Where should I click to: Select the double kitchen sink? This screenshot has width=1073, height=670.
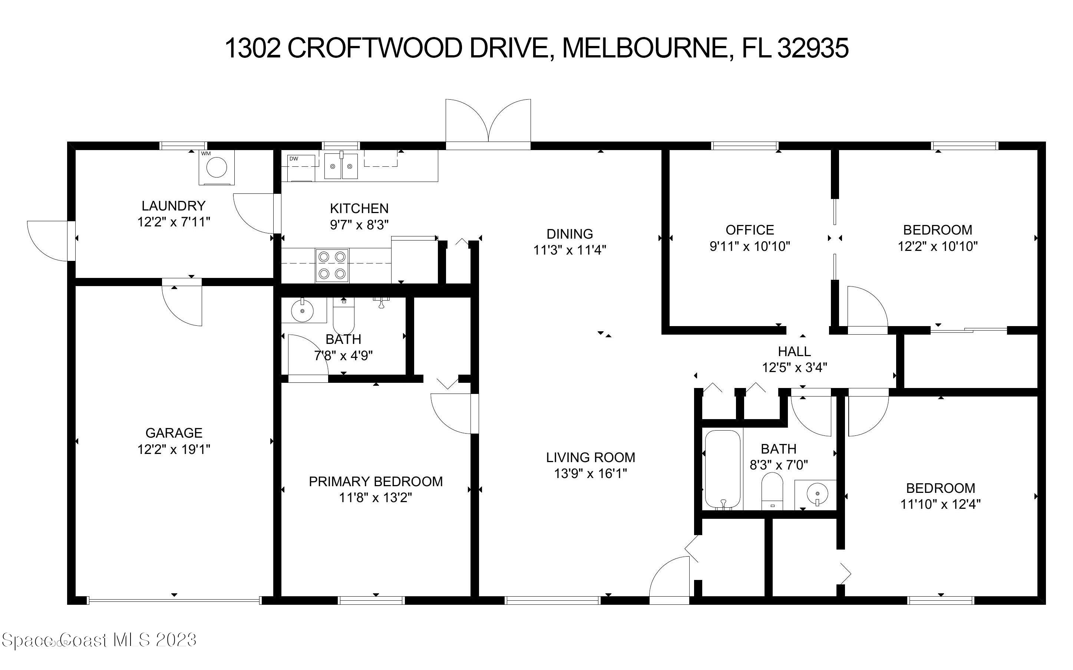tap(341, 166)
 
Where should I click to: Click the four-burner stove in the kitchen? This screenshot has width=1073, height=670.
tap(332, 265)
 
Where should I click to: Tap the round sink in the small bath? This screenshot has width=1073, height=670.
tap(303, 310)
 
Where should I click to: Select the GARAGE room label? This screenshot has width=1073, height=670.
tap(174, 432)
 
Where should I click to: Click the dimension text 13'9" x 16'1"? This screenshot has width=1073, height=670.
tap(590, 474)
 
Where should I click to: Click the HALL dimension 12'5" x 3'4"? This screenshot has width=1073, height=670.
tap(794, 367)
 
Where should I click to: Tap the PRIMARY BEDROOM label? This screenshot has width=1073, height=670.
tap(375, 481)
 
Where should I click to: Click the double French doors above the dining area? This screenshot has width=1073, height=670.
tap(488, 122)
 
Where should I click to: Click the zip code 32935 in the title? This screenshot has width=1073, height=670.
tap(813, 48)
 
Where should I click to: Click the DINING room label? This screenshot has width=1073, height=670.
tap(569, 233)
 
